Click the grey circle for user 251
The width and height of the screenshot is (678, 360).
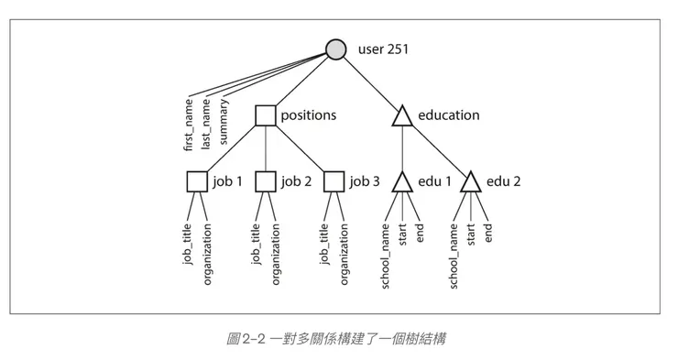click(336, 49)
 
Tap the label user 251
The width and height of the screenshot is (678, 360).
click(383, 49)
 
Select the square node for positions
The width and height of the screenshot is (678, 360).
click(266, 115)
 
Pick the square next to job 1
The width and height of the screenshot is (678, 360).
click(197, 181)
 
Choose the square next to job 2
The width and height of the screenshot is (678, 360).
click(266, 181)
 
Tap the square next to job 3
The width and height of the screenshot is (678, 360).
click(334, 181)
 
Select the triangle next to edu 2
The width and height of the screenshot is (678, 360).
click(470, 181)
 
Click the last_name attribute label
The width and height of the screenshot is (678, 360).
click(207, 125)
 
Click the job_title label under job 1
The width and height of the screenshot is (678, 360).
click(188, 245)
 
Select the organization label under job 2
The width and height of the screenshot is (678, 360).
click(276, 252)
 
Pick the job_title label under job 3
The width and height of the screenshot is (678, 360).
click(325, 245)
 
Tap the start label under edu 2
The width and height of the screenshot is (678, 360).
click(471, 235)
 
